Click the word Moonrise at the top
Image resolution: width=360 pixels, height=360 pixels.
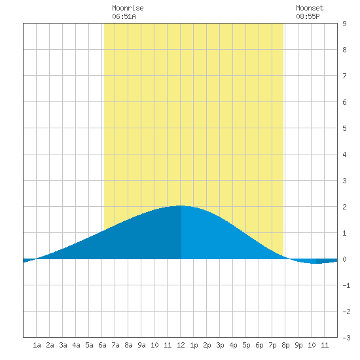point(128,8)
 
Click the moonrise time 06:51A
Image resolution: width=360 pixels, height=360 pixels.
point(124,16)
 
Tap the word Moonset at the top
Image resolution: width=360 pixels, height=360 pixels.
point(310,8)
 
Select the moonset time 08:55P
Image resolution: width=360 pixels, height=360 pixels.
point(308,16)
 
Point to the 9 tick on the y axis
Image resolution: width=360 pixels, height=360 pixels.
point(344,24)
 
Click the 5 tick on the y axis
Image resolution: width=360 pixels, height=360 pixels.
point(344,128)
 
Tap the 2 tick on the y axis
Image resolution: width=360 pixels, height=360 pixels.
point(344,207)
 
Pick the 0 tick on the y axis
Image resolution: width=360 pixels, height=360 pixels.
point(344,259)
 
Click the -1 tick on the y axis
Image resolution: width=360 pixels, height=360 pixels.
point(346,285)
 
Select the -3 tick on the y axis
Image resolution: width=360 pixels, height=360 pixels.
point(346,338)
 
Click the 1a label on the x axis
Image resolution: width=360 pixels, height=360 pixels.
point(37,345)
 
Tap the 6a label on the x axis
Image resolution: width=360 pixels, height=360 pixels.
point(102,345)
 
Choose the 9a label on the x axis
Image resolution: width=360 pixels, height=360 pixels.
point(141,345)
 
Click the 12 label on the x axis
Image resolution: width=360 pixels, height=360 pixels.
point(181,345)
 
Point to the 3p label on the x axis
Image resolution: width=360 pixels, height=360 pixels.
point(220,345)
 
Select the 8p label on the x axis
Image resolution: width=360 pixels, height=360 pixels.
point(285,345)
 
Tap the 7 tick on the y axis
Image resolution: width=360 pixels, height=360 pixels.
point(344,76)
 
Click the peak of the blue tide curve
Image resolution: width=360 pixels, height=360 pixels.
point(181,206)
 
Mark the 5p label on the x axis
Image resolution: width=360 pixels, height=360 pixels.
point(246,345)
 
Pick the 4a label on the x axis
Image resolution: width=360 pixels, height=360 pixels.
point(76,345)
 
